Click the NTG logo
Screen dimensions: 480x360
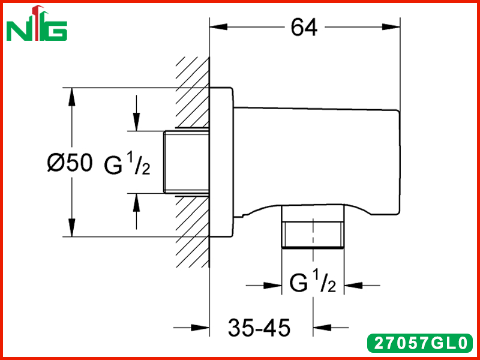click(x=37, y=23)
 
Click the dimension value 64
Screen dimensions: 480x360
click(x=304, y=27)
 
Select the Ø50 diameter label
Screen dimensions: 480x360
click(x=70, y=162)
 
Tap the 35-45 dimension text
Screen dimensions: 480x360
click(x=259, y=327)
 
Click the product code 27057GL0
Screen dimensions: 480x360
click(x=420, y=343)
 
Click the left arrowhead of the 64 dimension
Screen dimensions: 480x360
click(x=218, y=27)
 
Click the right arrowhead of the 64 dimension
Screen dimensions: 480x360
click(x=391, y=27)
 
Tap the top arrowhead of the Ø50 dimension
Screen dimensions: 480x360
click(x=71, y=97)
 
